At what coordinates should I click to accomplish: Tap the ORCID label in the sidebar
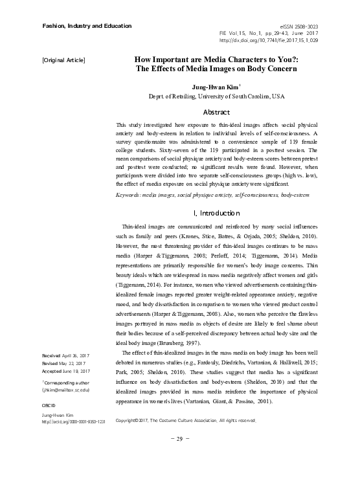50,404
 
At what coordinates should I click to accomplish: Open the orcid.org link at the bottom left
73,421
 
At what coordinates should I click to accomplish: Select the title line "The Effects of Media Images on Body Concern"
217,68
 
